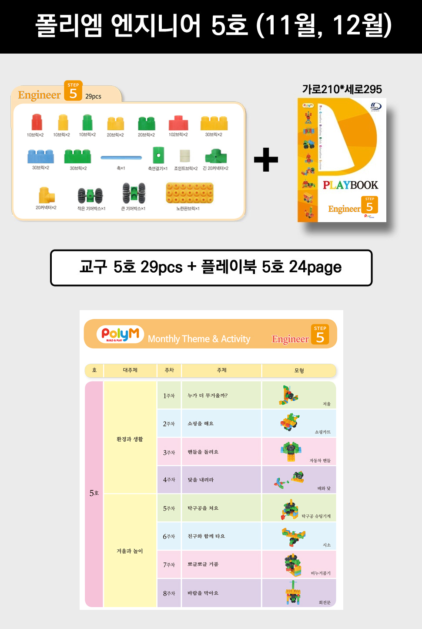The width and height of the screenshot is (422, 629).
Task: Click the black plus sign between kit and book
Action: pos(266,160)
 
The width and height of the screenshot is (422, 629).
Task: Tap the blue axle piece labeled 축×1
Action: pos(121,158)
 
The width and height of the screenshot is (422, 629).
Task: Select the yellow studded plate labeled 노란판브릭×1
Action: pos(189,193)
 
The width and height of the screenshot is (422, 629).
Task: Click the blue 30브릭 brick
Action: pos(40,156)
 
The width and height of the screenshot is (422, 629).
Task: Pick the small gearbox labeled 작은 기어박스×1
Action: pos(90,196)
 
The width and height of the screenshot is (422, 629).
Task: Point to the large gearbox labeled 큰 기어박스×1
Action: pos(134,193)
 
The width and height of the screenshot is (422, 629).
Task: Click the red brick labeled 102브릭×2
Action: pos(178,123)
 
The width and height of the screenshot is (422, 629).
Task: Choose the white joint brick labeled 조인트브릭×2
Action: pos(185,156)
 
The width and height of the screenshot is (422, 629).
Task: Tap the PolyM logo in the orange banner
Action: pos(120,335)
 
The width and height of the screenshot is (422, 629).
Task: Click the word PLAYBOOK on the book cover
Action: pos(350,185)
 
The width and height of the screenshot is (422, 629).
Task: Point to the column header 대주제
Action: pos(130,370)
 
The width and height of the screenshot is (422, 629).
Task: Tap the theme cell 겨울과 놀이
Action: pos(130,551)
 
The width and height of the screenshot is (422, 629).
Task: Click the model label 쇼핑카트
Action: pos(322,432)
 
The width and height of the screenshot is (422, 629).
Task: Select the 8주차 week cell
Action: pos(169,593)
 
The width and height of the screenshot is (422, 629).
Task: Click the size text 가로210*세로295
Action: pos(342,89)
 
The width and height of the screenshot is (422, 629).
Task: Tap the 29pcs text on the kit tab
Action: pos(93,96)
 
